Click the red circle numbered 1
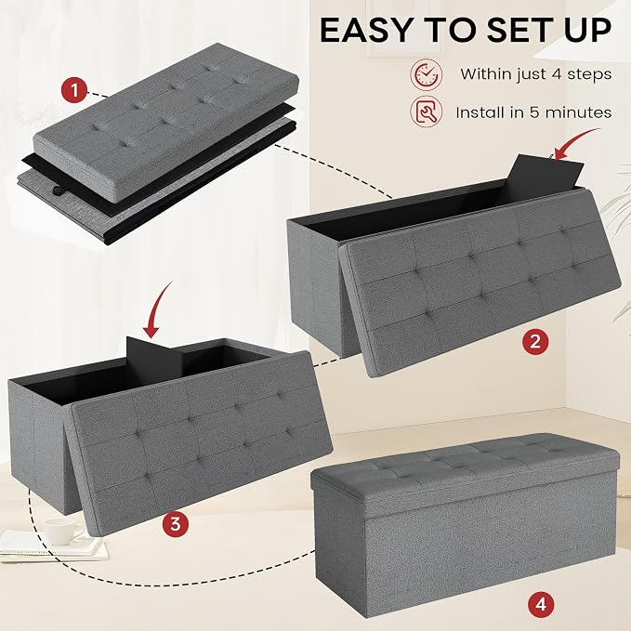click(74, 90)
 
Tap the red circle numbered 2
click(535, 342)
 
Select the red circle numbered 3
click(176, 524)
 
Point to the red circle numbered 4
click(541, 604)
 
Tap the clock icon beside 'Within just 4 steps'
click(427, 74)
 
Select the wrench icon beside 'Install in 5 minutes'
click(427, 112)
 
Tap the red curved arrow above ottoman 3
click(158, 309)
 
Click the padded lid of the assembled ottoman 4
click(465, 463)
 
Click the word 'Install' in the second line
click(480, 112)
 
